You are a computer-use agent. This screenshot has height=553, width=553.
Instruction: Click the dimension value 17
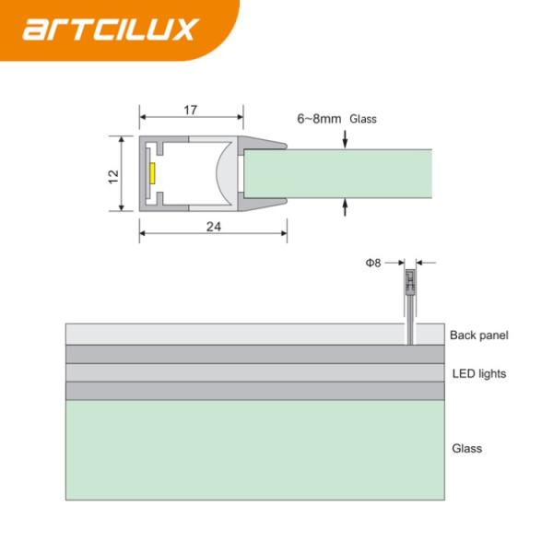(191, 110)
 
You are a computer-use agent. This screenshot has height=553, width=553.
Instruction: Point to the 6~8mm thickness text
(319, 119)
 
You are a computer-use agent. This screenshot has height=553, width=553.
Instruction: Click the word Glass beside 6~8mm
(362, 119)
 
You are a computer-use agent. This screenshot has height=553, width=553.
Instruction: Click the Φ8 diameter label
(373, 263)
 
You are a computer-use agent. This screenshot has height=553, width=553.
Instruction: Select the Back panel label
(478, 335)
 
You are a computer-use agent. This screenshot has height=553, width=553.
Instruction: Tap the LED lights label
(478, 373)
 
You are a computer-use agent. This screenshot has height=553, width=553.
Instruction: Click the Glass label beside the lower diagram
(466, 449)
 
